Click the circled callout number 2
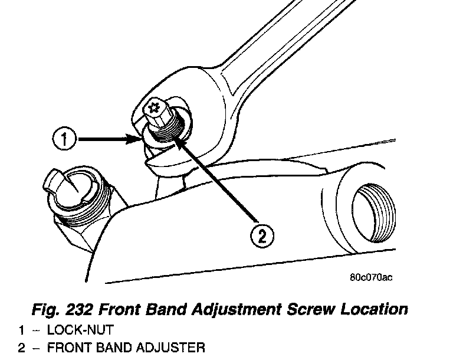click(x=262, y=237)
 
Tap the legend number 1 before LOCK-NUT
click(x=21, y=329)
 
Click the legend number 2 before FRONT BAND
click(x=21, y=348)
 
